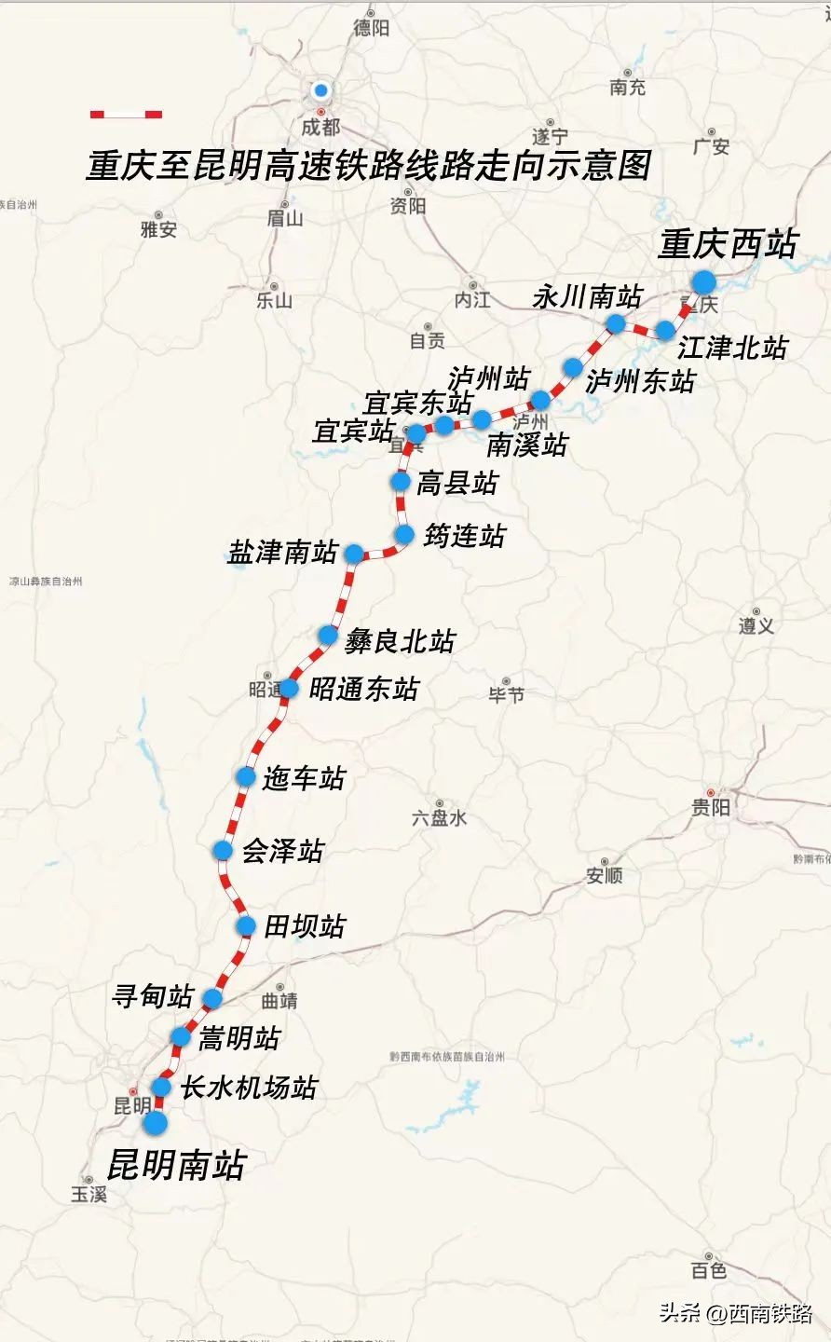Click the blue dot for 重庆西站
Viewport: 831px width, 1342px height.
[703, 282]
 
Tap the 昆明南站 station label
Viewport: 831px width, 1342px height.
[176, 1166]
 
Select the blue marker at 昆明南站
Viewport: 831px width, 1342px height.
[155, 1123]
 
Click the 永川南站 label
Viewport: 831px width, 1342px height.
[588, 297]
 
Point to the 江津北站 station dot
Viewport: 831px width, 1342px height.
[665, 330]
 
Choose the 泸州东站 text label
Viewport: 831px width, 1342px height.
[640, 380]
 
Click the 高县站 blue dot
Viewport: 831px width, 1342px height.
[401, 481]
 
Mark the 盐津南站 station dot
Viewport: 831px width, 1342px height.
[354, 554]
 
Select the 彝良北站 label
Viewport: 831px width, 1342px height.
[401, 641]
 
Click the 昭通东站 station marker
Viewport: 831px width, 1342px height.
[289, 689]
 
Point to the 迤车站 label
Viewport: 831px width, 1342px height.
[304, 778]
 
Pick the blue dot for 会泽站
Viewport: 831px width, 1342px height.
[223, 850]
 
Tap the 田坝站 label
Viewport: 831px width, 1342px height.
[305, 926]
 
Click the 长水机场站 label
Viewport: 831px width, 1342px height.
[249, 1088]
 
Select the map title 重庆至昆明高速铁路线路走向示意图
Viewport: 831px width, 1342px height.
[368, 166]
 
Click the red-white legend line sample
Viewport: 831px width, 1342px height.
[126, 115]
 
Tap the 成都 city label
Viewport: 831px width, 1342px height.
[320, 127]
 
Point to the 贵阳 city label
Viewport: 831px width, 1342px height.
[711, 808]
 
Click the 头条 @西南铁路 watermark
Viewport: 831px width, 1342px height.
[736, 1313]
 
